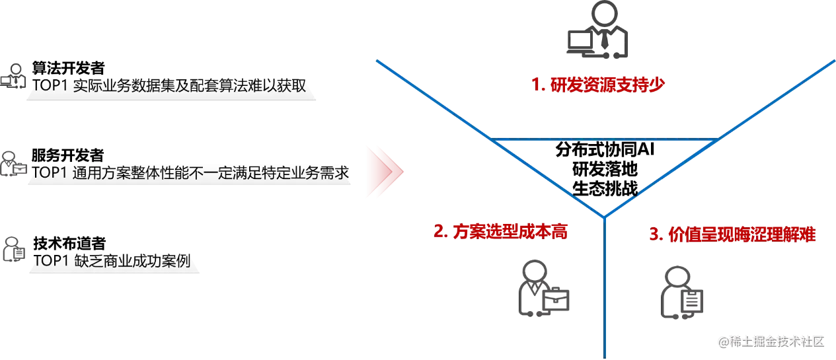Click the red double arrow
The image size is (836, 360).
click(384, 172)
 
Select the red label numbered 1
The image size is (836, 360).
click(597, 85)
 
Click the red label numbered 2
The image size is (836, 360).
click(502, 233)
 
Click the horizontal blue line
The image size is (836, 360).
click(605, 139)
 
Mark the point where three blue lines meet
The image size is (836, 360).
click(604, 217)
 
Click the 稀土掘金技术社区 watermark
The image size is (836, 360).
click(772, 341)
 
